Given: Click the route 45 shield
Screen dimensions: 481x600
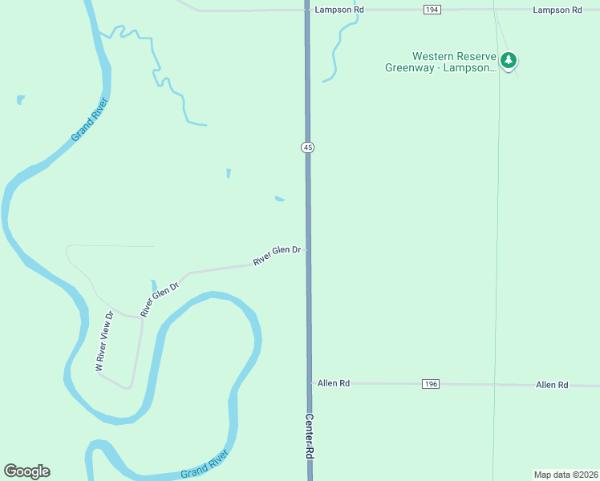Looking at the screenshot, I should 308,147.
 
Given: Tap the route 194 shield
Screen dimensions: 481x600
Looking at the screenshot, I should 432,10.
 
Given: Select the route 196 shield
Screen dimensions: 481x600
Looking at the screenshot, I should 431,384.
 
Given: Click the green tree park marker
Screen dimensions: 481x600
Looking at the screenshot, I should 508,60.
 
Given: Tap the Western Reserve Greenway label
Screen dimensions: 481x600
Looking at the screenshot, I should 449,62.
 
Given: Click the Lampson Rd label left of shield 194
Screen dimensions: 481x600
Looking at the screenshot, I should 340,10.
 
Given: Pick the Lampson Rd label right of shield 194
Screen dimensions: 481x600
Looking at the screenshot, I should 557,10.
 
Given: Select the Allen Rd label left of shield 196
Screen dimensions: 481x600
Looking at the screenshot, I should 334,384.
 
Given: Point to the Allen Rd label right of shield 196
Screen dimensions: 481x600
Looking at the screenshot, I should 552,385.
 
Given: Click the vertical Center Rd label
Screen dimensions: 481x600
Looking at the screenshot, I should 309,436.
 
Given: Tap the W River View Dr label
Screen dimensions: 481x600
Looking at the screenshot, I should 104,341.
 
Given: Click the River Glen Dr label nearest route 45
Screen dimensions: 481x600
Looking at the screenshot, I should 277,256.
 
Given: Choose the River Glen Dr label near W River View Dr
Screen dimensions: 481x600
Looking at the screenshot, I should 159,299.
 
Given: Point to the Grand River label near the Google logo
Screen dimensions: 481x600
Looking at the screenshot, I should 205,464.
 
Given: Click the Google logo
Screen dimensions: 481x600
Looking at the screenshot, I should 26,471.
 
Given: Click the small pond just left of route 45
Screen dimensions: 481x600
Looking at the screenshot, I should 279,199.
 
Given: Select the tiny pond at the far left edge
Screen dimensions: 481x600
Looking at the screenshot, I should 20,100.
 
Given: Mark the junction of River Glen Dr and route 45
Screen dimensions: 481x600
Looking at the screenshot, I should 307,249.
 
